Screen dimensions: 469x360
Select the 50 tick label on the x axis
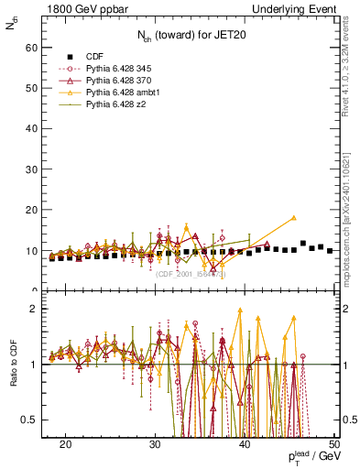(x=334, y=444)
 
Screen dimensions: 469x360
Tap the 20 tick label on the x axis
(x=65, y=444)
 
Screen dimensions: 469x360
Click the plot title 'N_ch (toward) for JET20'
(x=190, y=37)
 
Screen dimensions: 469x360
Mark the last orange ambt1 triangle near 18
(x=294, y=218)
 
